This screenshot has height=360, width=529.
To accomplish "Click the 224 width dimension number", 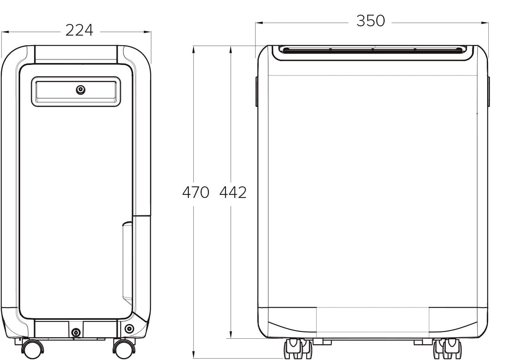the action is click(79, 30).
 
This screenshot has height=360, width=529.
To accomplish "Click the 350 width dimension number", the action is click(371, 21).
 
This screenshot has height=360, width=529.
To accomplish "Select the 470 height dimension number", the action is click(196, 192).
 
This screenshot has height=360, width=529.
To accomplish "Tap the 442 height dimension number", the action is click(233, 192).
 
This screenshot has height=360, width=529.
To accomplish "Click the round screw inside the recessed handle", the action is click(80, 90).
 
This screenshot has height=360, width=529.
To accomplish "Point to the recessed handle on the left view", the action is click(76, 92).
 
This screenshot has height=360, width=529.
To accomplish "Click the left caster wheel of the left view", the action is click(33, 349).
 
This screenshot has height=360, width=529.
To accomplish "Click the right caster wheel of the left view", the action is click(124, 349).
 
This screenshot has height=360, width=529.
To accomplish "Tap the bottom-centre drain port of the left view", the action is click(76, 333).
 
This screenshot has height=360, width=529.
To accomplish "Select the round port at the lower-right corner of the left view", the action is click(129, 329).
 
